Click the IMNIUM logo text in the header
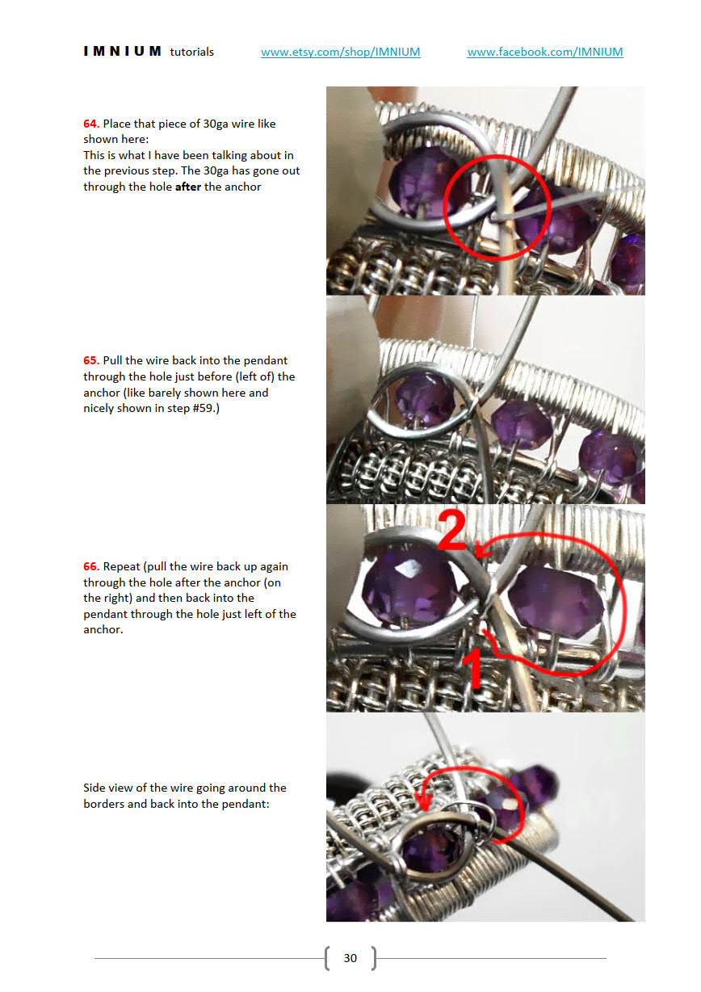(122, 52)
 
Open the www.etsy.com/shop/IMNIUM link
(340, 52)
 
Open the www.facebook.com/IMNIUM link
(544, 52)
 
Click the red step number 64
(90, 124)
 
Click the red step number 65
(90, 360)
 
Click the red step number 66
(90, 566)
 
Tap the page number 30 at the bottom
(350, 958)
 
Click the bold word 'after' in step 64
(187, 187)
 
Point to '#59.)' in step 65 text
(206, 408)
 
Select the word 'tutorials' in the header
(191, 53)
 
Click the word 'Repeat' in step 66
(121, 567)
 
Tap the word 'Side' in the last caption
(94, 788)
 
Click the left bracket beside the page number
(328, 958)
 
